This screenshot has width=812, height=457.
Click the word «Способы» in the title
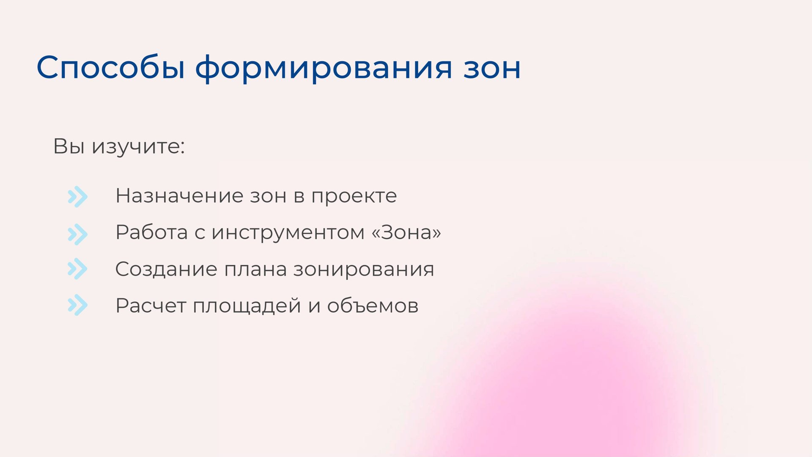point(111,68)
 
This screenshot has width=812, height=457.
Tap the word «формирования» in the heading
point(324,68)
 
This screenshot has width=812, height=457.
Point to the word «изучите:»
point(138,147)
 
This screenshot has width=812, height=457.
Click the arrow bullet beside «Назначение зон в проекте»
point(77,197)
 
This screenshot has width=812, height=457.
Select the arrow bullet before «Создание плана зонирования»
point(77,269)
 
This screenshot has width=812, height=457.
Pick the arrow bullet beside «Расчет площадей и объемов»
point(77,305)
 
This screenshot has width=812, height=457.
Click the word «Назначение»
point(179,196)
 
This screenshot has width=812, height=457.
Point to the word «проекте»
point(354,196)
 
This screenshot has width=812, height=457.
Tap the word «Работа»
point(151,232)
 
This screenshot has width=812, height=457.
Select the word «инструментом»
point(288,233)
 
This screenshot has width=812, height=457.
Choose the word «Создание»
point(166,270)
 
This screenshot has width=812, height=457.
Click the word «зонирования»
point(364,270)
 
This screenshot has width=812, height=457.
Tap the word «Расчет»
point(151,306)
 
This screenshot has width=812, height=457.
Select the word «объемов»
point(373,306)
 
